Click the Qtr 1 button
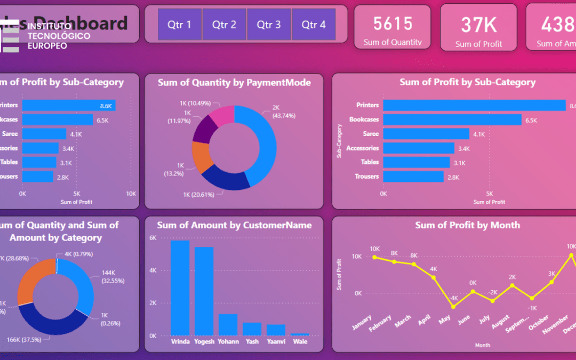tap(179, 25)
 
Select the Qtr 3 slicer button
tap(268, 25)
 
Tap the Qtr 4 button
tap(313, 25)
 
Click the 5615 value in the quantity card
tap(393, 23)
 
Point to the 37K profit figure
tap(478, 25)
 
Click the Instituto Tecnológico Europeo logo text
tap(59, 36)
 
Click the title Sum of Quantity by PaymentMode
tap(234, 83)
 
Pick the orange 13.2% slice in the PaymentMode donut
tap(202, 157)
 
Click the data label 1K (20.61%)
tap(198, 195)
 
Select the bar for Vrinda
tap(180, 287)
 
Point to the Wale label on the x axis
tap(300, 341)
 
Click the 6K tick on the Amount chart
tap(153, 238)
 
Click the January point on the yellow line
tap(374, 257)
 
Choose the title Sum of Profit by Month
tap(467, 225)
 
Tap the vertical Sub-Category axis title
tap(339, 141)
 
